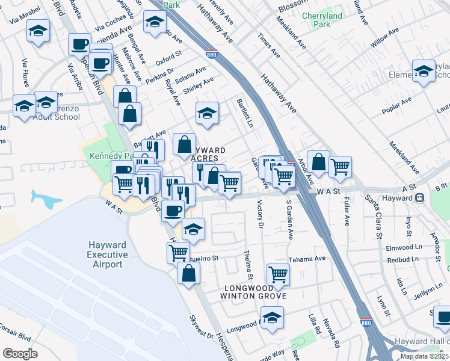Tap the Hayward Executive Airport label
(108, 255)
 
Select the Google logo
(20, 354)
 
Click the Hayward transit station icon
(421, 197)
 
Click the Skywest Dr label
(202, 330)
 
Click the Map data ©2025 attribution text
(425, 356)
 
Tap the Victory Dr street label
(260, 214)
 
